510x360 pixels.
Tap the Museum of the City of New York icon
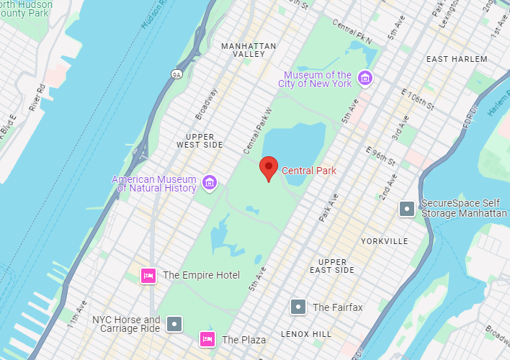[365, 78]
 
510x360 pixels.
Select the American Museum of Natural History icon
[210, 182]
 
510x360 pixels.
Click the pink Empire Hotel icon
[148, 275]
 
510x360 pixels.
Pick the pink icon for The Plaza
[207, 339]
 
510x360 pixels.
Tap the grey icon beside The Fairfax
[298, 307]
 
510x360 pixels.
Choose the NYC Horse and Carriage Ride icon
[174, 324]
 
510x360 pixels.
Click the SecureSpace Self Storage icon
[407, 209]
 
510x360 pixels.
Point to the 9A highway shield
[176, 73]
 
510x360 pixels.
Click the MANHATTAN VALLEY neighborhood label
[249, 50]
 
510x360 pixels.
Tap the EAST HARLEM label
[457, 59]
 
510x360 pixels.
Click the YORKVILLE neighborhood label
[385, 241]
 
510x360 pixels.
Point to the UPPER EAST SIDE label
[332, 266]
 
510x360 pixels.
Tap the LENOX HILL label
[307, 334]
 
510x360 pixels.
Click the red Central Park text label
[308, 171]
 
